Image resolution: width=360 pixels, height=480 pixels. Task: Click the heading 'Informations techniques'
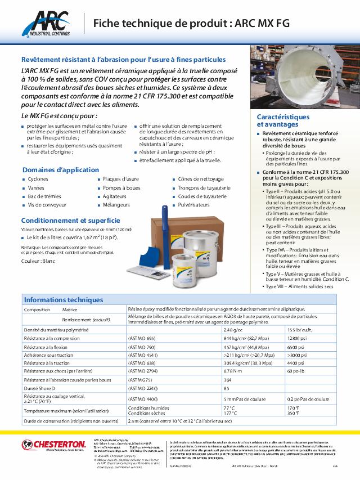pyautogui.click(x=64, y=300)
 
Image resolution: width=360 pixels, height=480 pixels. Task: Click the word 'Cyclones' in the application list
pyautogui.click(x=38, y=179)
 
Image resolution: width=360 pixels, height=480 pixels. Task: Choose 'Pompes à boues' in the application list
pyautogui.click(x=121, y=188)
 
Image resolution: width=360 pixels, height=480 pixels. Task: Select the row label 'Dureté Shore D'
pyautogui.click(x=40, y=388)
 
